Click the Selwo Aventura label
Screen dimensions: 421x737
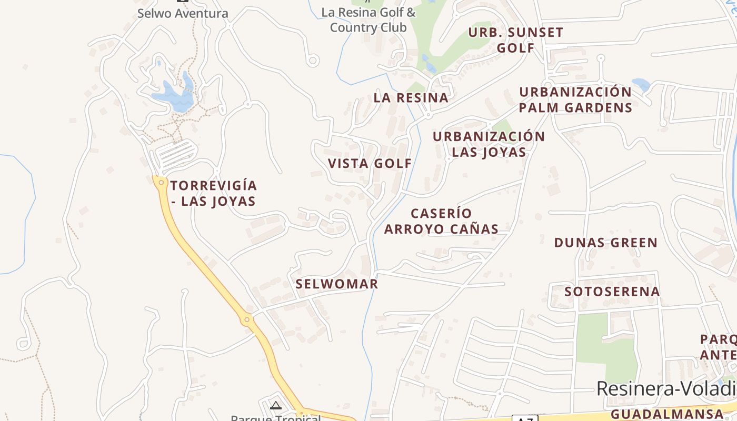click(183, 13)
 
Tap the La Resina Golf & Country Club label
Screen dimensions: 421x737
click(368, 19)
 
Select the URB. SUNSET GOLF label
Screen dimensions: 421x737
click(516, 40)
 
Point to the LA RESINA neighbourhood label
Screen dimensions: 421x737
click(411, 97)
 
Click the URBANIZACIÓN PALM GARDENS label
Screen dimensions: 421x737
click(575, 100)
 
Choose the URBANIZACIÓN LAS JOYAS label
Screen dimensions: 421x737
click(489, 144)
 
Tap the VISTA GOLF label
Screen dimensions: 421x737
click(370, 163)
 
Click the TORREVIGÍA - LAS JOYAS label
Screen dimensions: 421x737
click(213, 193)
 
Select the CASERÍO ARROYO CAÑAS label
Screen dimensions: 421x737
click(441, 221)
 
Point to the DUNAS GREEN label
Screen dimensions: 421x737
click(606, 243)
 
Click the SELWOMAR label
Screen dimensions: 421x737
click(337, 284)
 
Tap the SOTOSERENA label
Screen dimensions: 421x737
click(612, 292)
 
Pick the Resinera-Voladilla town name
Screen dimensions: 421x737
click(666, 389)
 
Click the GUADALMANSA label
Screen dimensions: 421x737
click(667, 414)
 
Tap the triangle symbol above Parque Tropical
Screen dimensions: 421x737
click(276, 405)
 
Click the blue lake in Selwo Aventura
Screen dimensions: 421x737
click(174, 98)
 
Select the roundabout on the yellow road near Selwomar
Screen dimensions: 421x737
click(246, 319)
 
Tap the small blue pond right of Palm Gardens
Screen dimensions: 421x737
click(641, 84)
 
